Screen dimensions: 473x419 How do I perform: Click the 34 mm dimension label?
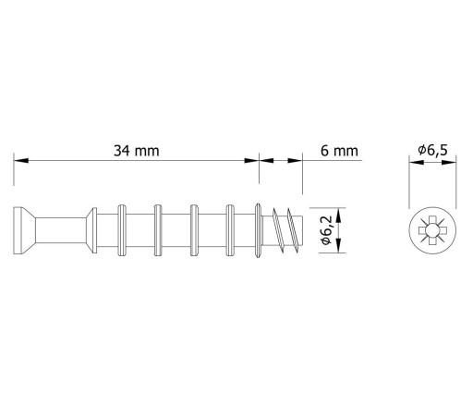coord(137,151)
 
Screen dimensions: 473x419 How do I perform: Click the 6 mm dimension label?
coord(339,151)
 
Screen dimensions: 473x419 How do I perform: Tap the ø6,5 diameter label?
coord(432,150)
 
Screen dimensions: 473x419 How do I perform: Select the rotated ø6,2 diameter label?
coord(326,230)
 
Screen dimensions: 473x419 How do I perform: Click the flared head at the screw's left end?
coord(24,230)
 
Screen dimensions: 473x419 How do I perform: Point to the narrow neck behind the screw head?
coord(61,230)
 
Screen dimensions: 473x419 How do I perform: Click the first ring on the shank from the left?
coord(122,230)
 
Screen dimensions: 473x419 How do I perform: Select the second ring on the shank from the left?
coord(158,230)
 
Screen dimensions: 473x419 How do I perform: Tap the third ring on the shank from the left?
coord(194,230)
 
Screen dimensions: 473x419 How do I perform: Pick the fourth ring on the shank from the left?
coord(230,230)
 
